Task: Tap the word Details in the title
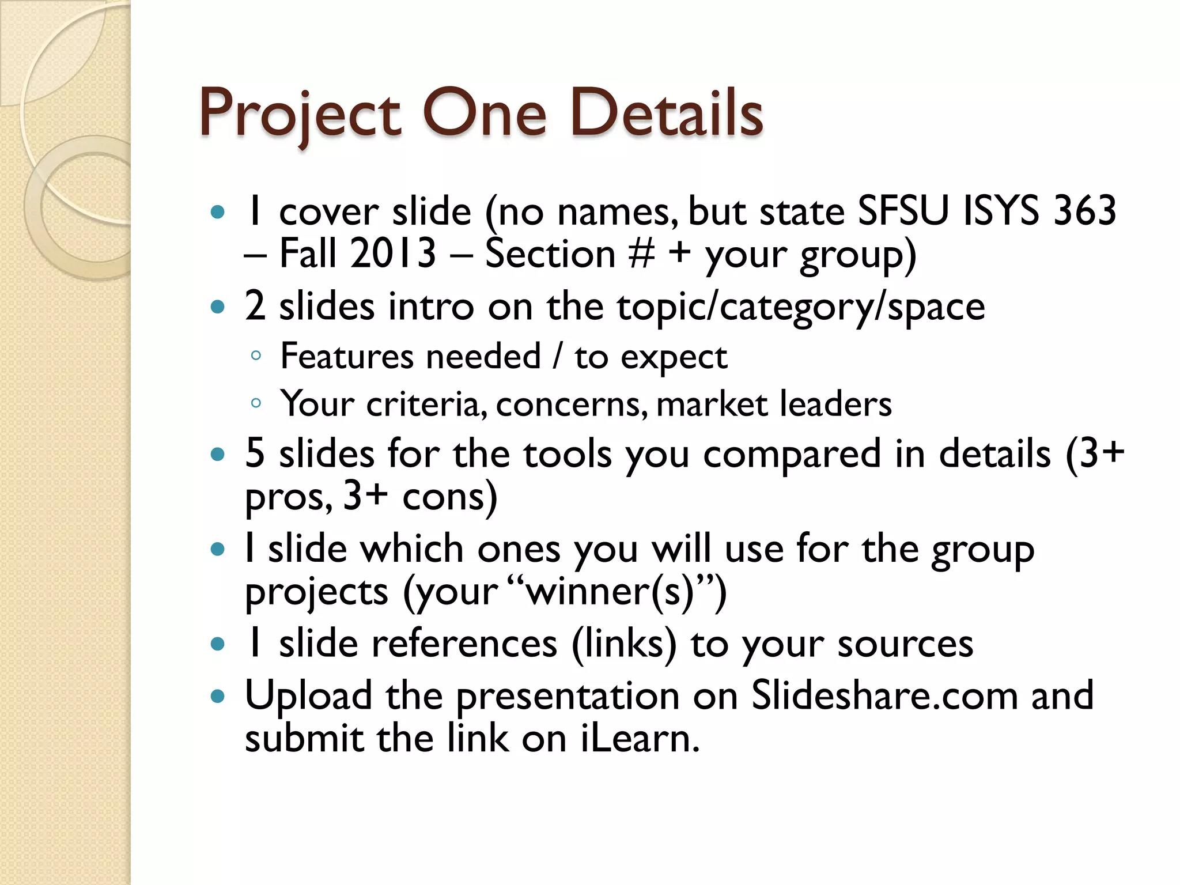tap(667, 114)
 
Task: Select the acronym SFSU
tap(903, 211)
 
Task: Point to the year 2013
tap(393, 254)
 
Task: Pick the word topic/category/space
tap(801, 307)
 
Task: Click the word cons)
tap(449, 497)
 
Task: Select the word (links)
tap(624, 644)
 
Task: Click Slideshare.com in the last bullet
tap(884, 695)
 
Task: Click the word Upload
tap(308, 695)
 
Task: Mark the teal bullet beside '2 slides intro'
tap(217, 307)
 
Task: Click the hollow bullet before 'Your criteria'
tap(256, 403)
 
